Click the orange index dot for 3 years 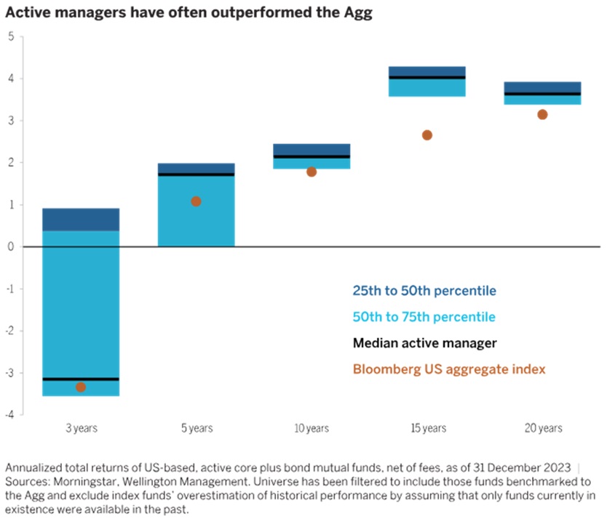pyautogui.click(x=81, y=387)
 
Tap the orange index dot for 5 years pyautogui.click(x=196, y=201)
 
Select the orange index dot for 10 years pyautogui.click(x=312, y=172)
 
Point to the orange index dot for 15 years pyautogui.click(x=427, y=135)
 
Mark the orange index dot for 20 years pyautogui.click(x=542, y=114)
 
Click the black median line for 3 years pyautogui.click(x=81, y=379)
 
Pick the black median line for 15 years pyautogui.click(x=427, y=77)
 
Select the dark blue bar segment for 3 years pyautogui.click(x=81, y=220)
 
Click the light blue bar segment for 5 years pyautogui.click(x=196, y=211)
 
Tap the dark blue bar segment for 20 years pyautogui.click(x=542, y=86)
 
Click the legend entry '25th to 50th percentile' pyautogui.click(x=424, y=291)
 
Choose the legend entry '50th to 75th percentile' pyautogui.click(x=424, y=317)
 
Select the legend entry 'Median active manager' pyautogui.click(x=424, y=342)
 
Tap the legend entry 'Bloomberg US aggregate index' pyautogui.click(x=448, y=369)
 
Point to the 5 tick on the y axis pyautogui.click(x=11, y=36)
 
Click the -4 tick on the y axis pyautogui.click(x=9, y=415)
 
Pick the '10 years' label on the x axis pyautogui.click(x=312, y=429)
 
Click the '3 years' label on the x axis pyautogui.click(x=81, y=429)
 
